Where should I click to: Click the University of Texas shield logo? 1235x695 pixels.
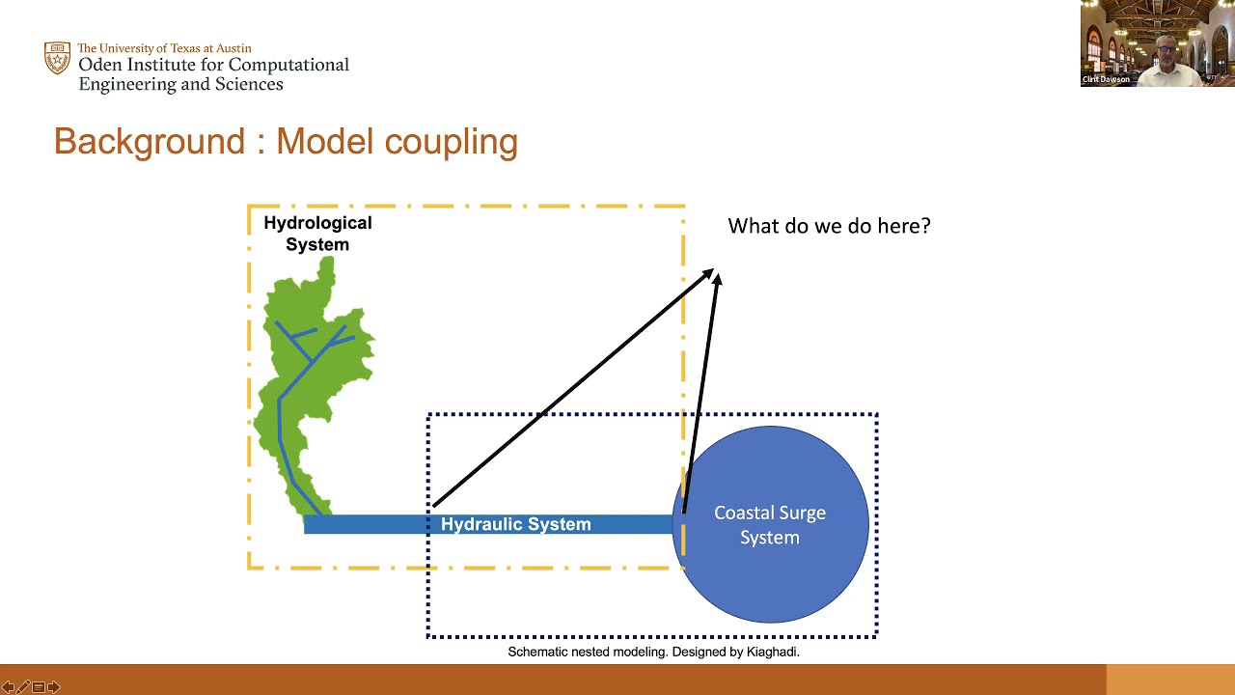click(x=57, y=58)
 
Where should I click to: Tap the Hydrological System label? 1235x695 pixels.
click(x=317, y=234)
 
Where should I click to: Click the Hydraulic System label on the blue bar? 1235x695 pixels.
click(x=515, y=524)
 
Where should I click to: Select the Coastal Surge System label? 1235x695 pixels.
click(x=770, y=525)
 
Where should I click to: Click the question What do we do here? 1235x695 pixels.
click(x=829, y=226)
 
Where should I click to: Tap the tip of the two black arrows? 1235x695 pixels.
click(x=714, y=274)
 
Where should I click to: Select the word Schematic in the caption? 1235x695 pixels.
click(x=538, y=652)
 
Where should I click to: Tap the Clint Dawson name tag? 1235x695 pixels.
click(x=1106, y=79)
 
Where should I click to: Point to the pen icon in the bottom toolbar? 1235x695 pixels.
click(x=23, y=687)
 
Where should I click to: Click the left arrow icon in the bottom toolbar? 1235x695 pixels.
click(x=8, y=687)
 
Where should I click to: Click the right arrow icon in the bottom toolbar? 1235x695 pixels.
click(x=54, y=687)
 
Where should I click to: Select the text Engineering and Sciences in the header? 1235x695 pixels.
click(x=180, y=84)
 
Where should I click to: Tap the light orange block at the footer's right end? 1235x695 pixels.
click(x=1169, y=680)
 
